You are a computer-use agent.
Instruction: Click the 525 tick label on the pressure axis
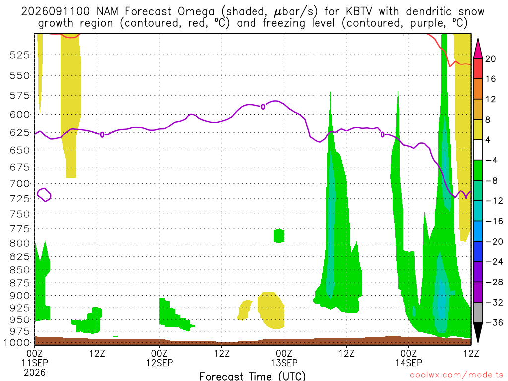click(x=19, y=55)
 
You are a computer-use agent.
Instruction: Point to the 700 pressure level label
click(x=19, y=184)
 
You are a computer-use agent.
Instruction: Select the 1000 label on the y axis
click(x=17, y=343)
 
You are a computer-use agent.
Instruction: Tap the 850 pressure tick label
click(x=19, y=270)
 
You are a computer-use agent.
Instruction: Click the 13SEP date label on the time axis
click(x=284, y=363)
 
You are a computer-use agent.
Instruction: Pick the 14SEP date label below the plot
click(x=409, y=363)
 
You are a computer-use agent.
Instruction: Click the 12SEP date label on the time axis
click(x=159, y=363)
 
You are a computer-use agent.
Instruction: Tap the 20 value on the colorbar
click(x=490, y=59)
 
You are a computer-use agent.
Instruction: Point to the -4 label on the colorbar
click(x=491, y=160)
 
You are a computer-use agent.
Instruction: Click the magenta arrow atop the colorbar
click(x=478, y=49)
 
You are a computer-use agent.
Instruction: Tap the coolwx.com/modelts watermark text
click(x=456, y=375)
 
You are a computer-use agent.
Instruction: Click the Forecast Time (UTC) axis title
click(x=253, y=376)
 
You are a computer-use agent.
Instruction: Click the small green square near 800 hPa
click(x=279, y=236)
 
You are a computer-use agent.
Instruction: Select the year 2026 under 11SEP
click(x=35, y=372)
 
